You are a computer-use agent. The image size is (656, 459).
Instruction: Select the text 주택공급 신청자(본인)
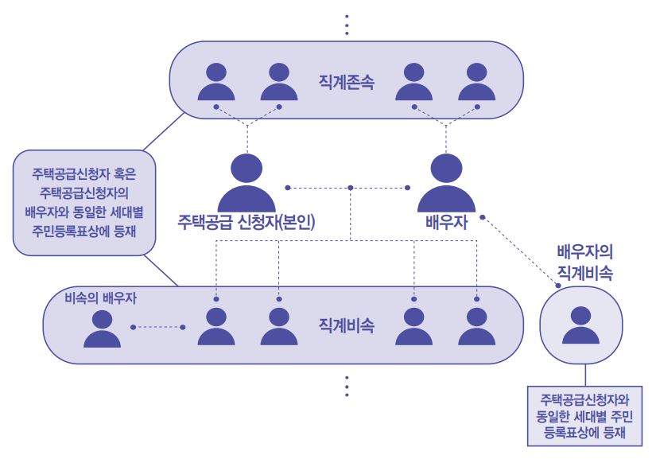246,222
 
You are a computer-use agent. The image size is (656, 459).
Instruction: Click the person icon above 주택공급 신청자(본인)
246,179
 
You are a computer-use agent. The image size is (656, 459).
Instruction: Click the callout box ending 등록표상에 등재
584,415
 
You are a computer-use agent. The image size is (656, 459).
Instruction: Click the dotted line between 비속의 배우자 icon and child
157,327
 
